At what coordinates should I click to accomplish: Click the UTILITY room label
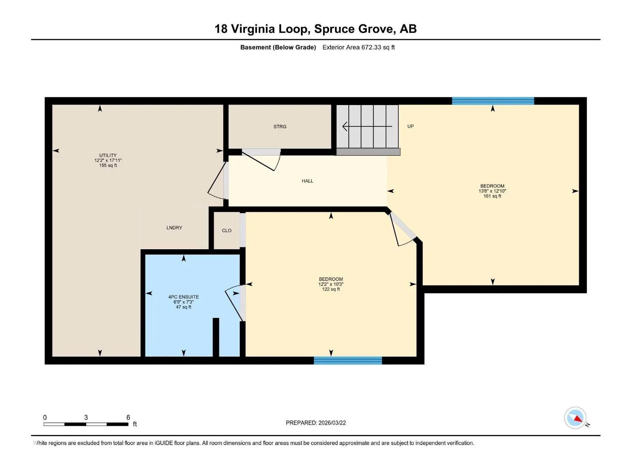pyautogui.click(x=108, y=155)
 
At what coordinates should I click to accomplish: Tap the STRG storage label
pyautogui.click(x=280, y=127)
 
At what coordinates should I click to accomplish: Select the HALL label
pyautogui.click(x=307, y=181)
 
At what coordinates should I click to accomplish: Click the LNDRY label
pyautogui.click(x=174, y=228)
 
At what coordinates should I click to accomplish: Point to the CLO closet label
pyautogui.click(x=227, y=231)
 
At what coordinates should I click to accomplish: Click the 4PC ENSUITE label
pyautogui.click(x=183, y=297)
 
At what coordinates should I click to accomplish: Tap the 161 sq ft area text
pyautogui.click(x=492, y=196)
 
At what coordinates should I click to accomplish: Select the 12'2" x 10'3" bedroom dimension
pyautogui.click(x=331, y=284)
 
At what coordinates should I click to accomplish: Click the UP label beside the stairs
pyautogui.click(x=410, y=126)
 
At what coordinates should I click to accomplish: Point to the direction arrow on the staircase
pyautogui.click(x=367, y=126)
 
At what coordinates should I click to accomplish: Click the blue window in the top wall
pyautogui.click(x=493, y=101)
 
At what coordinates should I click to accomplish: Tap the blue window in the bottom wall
pyautogui.click(x=348, y=360)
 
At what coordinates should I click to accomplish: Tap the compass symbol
pyautogui.click(x=575, y=418)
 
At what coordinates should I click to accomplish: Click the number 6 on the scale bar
pyautogui.click(x=128, y=417)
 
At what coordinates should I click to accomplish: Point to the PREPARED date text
pyautogui.click(x=316, y=423)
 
